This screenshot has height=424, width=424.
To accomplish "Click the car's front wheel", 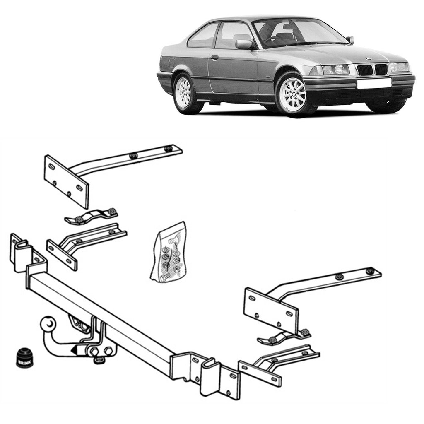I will click(x=292, y=94).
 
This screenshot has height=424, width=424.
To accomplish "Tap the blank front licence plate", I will click(x=374, y=83).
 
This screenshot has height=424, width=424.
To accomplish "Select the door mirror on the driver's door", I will click(x=244, y=44).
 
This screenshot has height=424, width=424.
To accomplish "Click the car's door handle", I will click(x=214, y=58).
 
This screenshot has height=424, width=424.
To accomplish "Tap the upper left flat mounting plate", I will click(x=66, y=181).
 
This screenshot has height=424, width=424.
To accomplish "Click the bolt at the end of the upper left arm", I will click(x=168, y=148).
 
